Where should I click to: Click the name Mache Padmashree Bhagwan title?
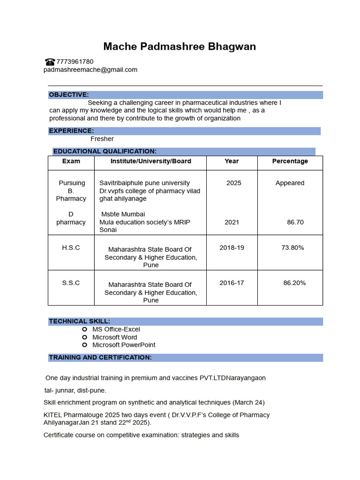pyautogui.click(x=180, y=47)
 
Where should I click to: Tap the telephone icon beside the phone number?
pyautogui.click(x=50, y=61)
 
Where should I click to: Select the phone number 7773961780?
pyautogui.click(x=75, y=61)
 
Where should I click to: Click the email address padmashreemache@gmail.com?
pyautogui.click(x=90, y=70)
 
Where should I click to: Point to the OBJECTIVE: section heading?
pyautogui.click(x=69, y=95)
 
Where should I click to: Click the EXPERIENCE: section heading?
pyautogui.click(x=71, y=131)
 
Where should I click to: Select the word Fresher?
pyautogui.click(x=102, y=139)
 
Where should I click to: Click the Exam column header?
pyautogui.click(x=71, y=161)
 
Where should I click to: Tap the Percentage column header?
pyautogui.click(x=290, y=161)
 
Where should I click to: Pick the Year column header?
pyautogui.click(x=232, y=161)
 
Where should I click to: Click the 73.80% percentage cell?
pyautogui.click(x=292, y=247)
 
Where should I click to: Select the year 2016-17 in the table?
pyautogui.click(x=232, y=283)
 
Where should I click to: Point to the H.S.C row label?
pyautogui.click(x=71, y=247)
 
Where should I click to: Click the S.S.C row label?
pyautogui.click(x=71, y=283)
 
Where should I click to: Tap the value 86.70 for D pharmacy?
pyautogui.click(x=295, y=222)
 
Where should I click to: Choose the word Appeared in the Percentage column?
pyautogui.click(x=290, y=183)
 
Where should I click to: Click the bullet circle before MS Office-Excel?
pyautogui.click(x=85, y=330)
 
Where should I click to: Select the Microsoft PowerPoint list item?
pyautogui.click(x=124, y=345)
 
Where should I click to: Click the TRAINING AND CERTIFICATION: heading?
pyautogui.click(x=100, y=358)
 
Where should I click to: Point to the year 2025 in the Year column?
pyautogui.click(x=234, y=183)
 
